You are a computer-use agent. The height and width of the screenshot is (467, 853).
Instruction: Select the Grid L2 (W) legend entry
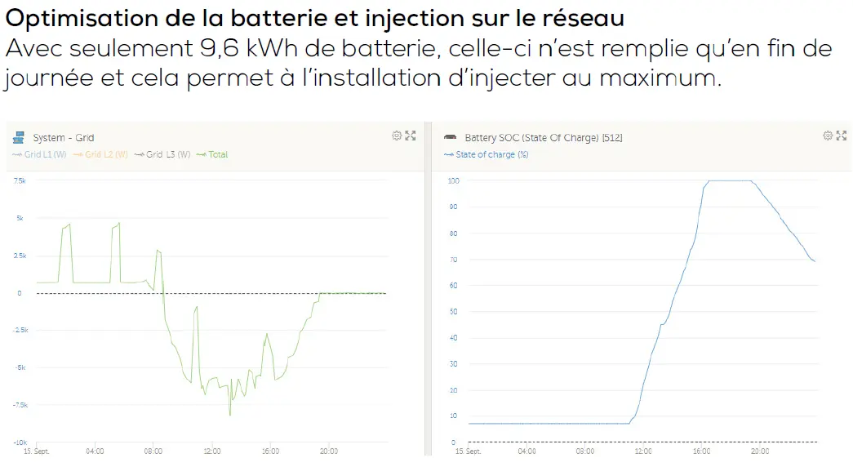[x=104, y=154]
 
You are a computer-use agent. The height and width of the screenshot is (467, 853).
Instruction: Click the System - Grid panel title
[x=63, y=138]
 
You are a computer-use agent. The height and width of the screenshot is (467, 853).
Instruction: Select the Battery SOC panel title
[x=543, y=138]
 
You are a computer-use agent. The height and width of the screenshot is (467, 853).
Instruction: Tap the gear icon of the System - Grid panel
[x=397, y=136]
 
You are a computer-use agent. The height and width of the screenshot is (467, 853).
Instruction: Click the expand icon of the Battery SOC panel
[x=842, y=136]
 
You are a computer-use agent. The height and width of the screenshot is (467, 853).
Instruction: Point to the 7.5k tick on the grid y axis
[x=20, y=180]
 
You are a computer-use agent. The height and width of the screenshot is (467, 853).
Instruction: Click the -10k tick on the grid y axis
[x=19, y=443]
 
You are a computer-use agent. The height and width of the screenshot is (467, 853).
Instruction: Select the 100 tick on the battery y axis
[x=454, y=180]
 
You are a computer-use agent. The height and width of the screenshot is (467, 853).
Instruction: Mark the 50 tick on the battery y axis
[x=454, y=311]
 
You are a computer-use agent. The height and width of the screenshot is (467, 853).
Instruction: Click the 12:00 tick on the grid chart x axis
[x=211, y=451]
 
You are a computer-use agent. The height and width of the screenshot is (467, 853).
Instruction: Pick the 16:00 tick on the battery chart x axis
[x=701, y=451]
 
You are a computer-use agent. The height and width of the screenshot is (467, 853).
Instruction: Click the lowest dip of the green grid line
[x=230, y=415]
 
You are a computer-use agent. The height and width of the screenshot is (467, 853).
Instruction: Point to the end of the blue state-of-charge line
[x=815, y=261]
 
